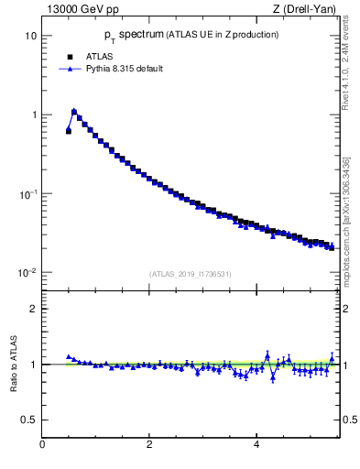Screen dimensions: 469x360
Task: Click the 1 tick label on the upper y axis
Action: [x=33, y=115]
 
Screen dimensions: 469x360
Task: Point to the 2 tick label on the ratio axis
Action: [x=33, y=309]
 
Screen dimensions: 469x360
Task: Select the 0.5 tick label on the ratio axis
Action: [x=29, y=420]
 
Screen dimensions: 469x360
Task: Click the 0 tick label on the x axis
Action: [x=42, y=444]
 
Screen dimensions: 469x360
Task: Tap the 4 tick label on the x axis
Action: [x=256, y=444]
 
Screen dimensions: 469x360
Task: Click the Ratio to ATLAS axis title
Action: [x=13, y=364]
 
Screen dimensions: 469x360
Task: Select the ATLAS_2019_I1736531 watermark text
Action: [x=190, y=274]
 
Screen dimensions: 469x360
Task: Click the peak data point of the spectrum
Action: [x=74, y=112]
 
